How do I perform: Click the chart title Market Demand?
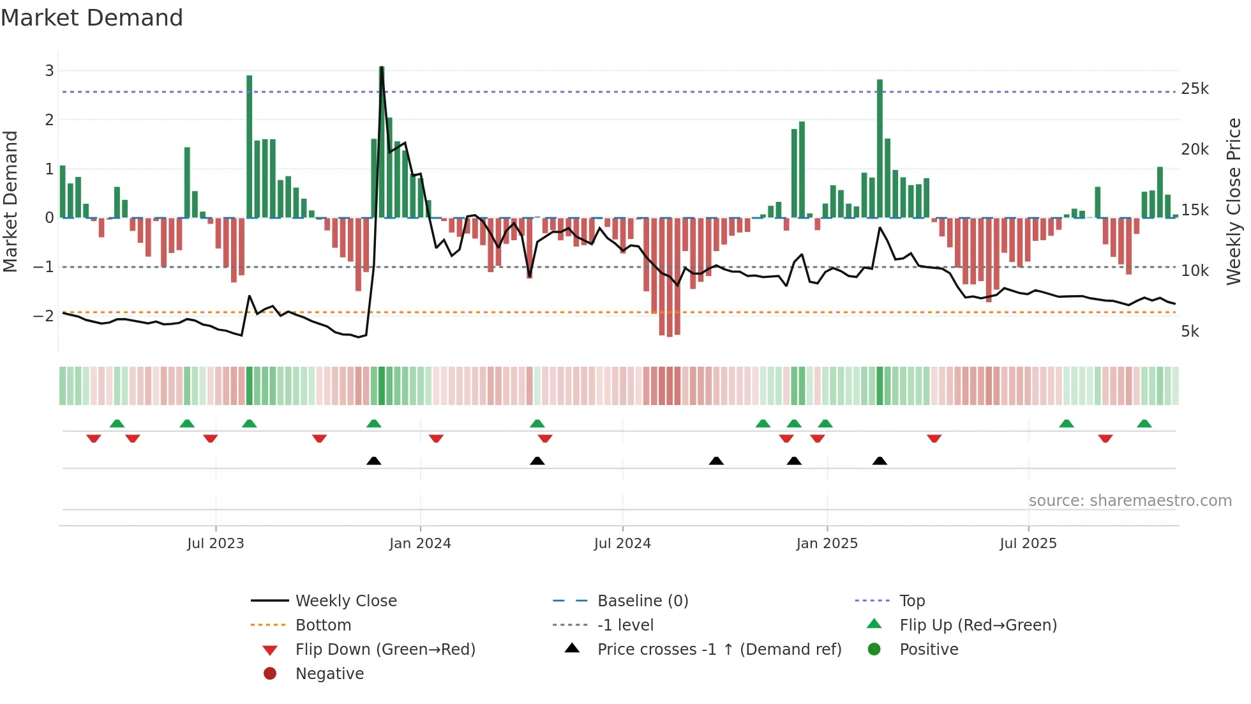tap(92, 18)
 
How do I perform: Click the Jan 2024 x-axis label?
tap(420, 544)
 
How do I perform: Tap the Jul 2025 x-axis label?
tap(1028, 544)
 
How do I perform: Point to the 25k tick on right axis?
tap(1194, 89)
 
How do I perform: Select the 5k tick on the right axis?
tap(1190, 332)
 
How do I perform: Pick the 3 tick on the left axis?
tap(49, 71)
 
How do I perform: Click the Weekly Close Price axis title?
tap(1233, 201)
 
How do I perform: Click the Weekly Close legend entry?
tap(345, 601)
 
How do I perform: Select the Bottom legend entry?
tap(323, 625)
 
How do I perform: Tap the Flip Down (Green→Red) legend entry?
tap(385, 650)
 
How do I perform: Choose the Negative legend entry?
tap(329, 674)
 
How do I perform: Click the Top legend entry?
tap(911, 601)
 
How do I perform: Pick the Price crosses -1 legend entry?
tap(719, 650)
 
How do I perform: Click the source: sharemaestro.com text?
tap(1130, 501)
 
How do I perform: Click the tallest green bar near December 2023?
tap(382, 128)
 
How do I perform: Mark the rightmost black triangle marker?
tap(880, 461)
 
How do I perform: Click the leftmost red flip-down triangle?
tap(94, 438)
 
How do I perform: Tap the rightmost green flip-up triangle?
tap(1144, 424)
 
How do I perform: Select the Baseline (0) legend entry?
tap(642, 601)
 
